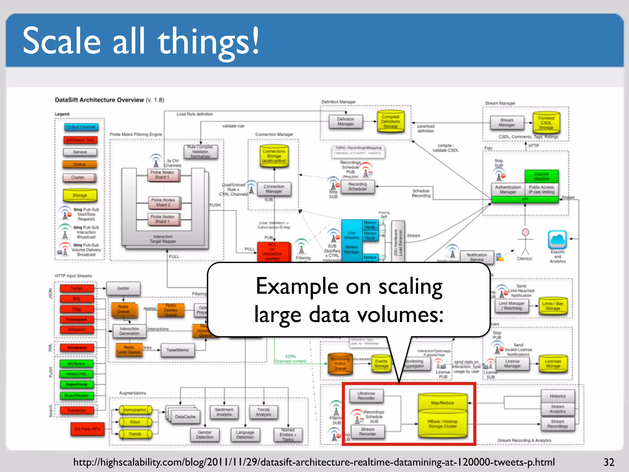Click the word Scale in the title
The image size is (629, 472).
click(61, 41)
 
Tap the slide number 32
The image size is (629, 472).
click(609, 462)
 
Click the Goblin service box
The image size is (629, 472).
click(123, 289)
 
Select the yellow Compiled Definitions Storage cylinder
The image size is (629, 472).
click(390, 122)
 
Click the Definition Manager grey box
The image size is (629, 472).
click(346, 122)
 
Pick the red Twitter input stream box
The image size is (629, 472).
click(77, 289)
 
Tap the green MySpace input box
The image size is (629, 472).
click(76, 364)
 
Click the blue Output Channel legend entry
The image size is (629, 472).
click(81, 127)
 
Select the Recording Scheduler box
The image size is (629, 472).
click(357, 187)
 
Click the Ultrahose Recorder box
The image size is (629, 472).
click(366, 396)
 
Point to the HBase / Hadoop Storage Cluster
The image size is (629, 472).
click(443, 424)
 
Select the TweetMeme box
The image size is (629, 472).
click(178, 350)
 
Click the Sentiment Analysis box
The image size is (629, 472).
click(224, 412)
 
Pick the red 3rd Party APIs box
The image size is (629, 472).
click(87, 429)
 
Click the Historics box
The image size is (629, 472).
click(557, 396)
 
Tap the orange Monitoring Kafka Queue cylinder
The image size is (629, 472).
click(340, 364)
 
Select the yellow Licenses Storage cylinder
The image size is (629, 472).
click(553, 364)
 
